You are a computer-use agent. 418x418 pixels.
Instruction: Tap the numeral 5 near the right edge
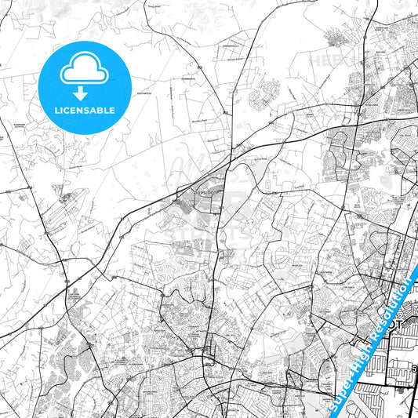tap(413, 366)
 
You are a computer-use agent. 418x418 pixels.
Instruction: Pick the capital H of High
tap(357, 363)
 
